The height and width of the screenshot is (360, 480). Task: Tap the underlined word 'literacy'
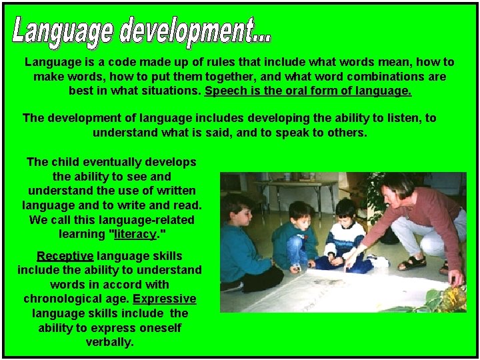coord(136,234)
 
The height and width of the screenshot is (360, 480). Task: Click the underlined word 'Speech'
coord(224,90)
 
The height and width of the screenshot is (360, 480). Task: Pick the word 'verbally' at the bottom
coord(109,342)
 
